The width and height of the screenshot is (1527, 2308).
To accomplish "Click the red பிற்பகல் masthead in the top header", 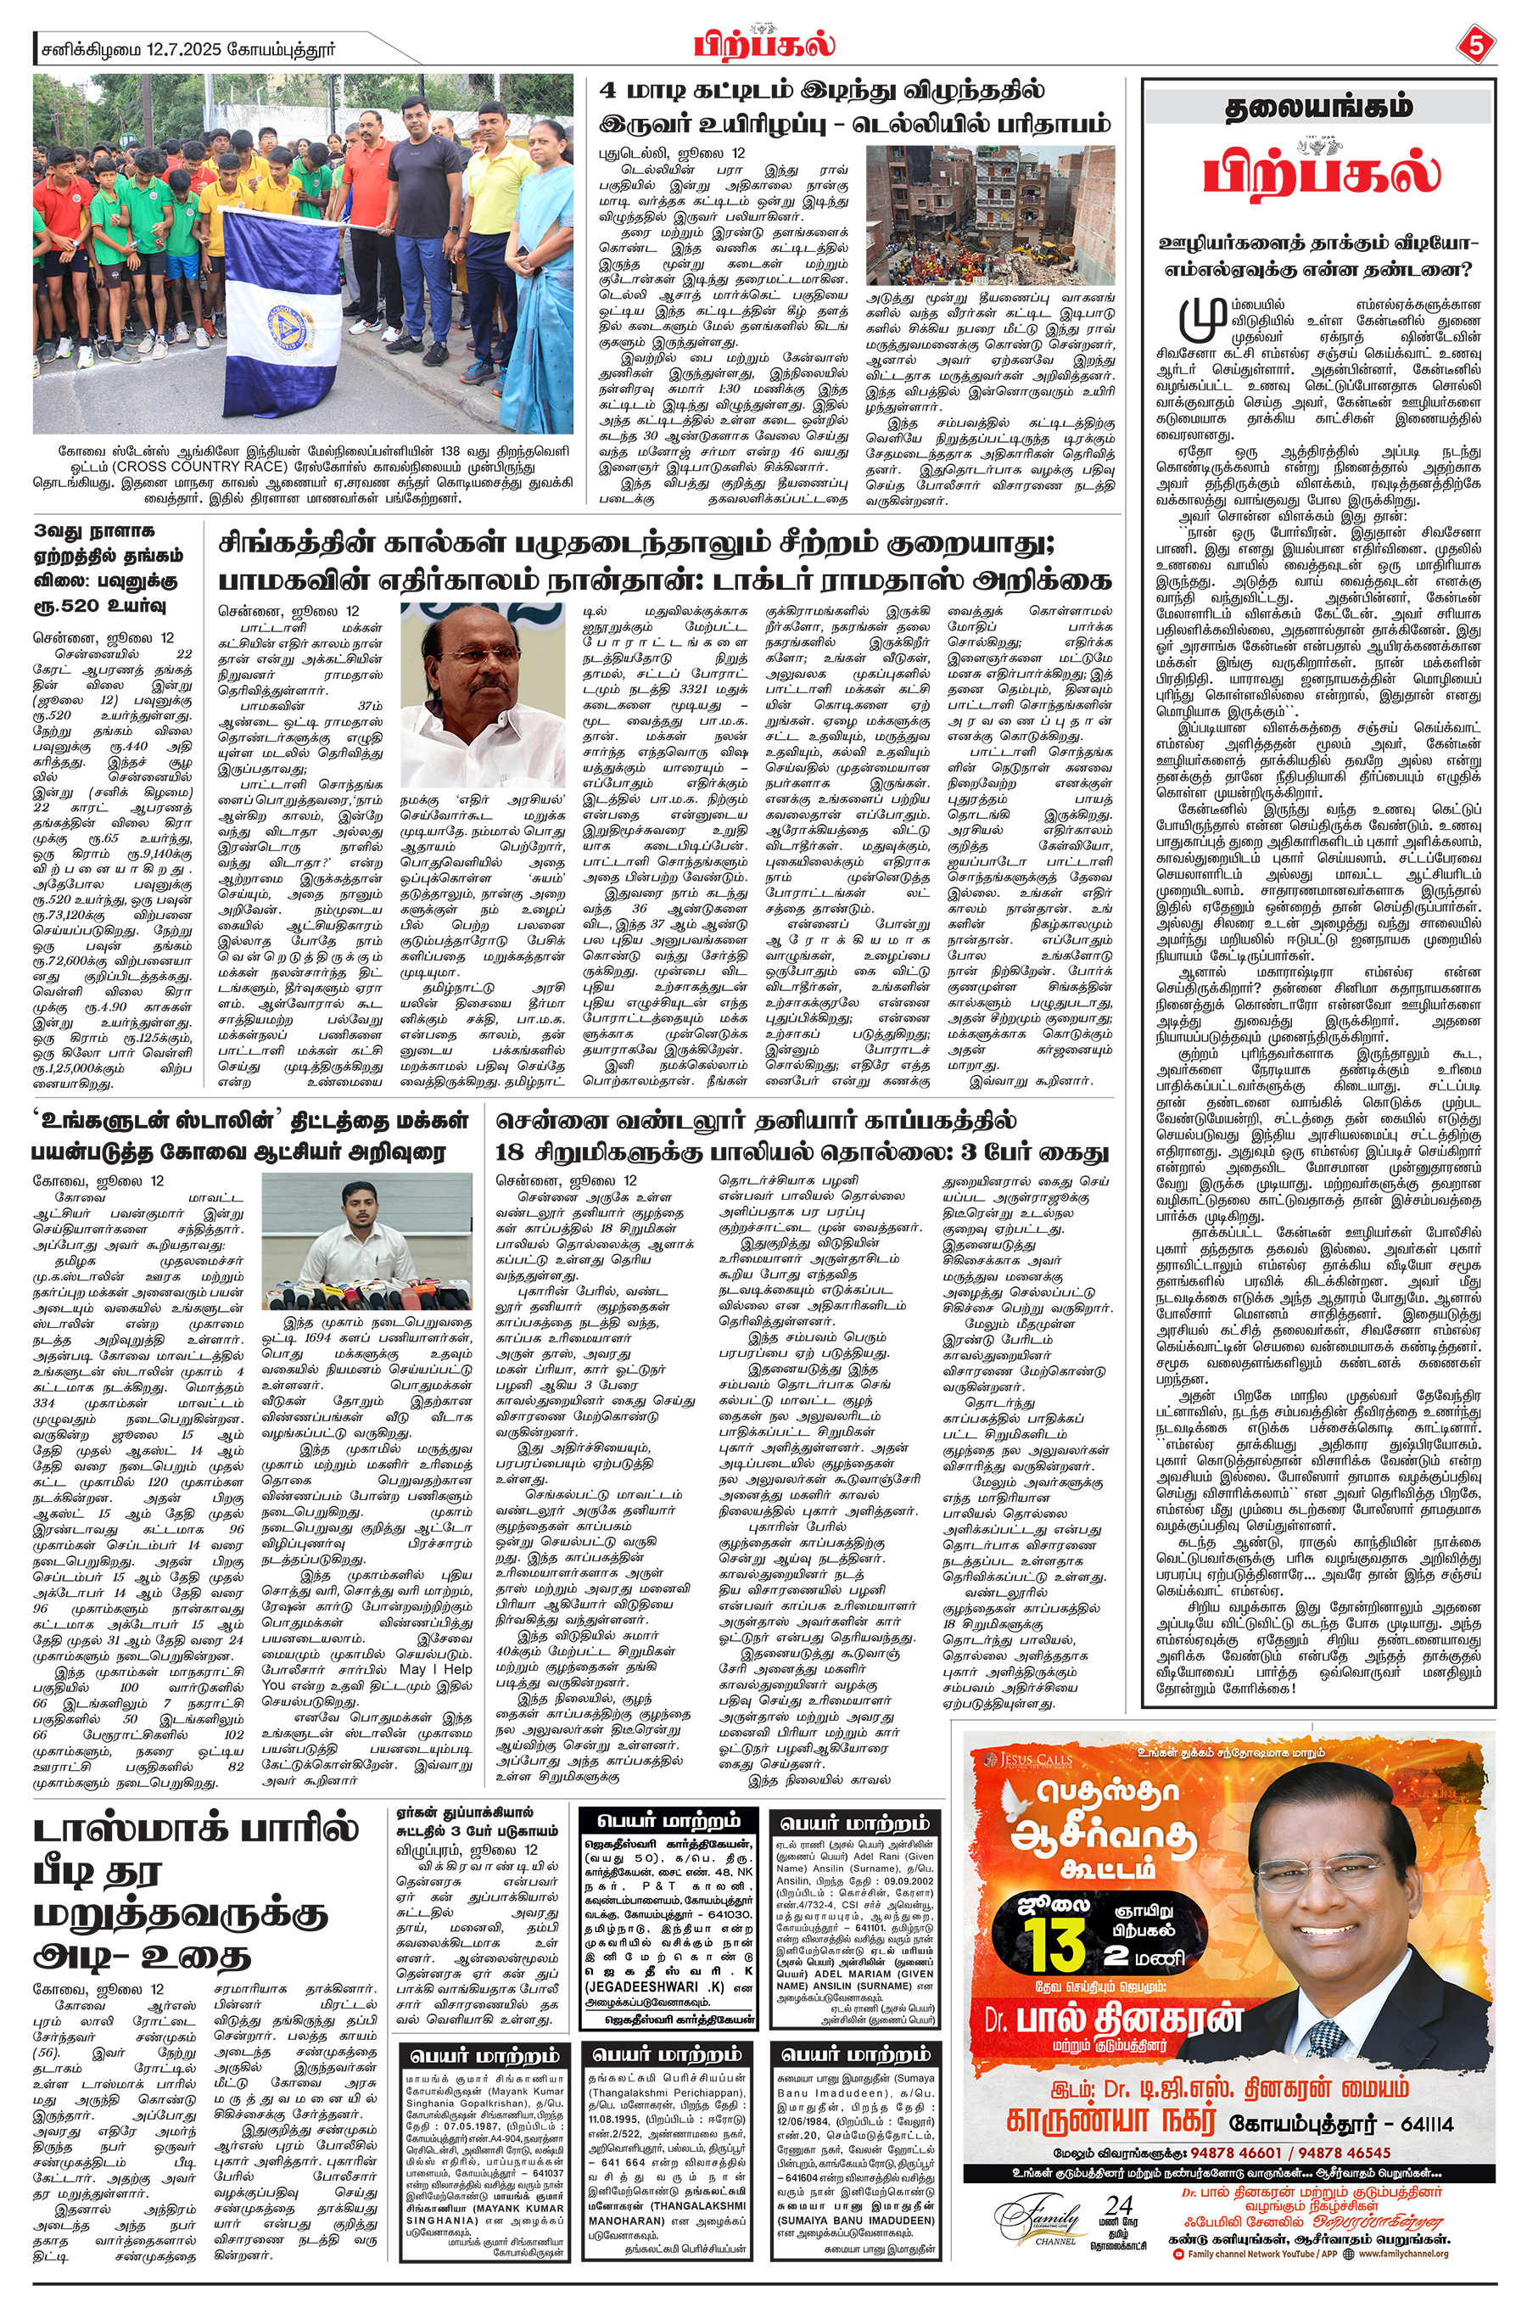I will pos(764,45).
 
